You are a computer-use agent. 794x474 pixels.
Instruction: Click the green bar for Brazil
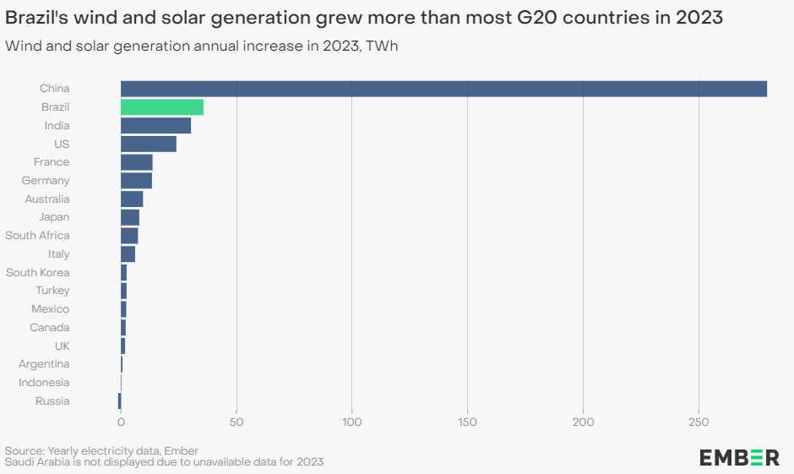(x=162, y=107)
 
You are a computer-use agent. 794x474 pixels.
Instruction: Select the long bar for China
(x=443, y=89)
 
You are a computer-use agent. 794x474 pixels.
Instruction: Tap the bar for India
(x=155, y=126)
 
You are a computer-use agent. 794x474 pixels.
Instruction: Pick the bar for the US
(x=149, y=144)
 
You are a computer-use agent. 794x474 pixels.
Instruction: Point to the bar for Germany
(x=136, y=181)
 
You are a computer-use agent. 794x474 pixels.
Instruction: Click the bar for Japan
(x=130, y=217)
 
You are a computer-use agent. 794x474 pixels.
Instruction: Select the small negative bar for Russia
(x=119, y=401)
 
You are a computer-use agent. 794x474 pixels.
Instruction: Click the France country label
(x=52, y=162)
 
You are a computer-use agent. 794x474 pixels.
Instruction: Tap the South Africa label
(x=37, y=236)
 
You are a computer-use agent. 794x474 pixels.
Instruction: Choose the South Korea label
(x=38, y=273)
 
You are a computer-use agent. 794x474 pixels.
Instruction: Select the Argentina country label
(x=44, y=364)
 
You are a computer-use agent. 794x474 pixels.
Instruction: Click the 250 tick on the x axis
(x=699, y=422)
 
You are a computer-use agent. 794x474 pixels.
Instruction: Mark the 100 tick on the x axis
(x=352, y=422)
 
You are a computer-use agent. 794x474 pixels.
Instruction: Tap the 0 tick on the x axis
(x=121, y=422)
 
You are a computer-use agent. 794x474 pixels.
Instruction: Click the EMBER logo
(x=739, y=457)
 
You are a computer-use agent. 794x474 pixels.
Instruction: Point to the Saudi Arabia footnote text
(x=164, y=462)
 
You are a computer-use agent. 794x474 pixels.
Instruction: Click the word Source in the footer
(x=24, y=450)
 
